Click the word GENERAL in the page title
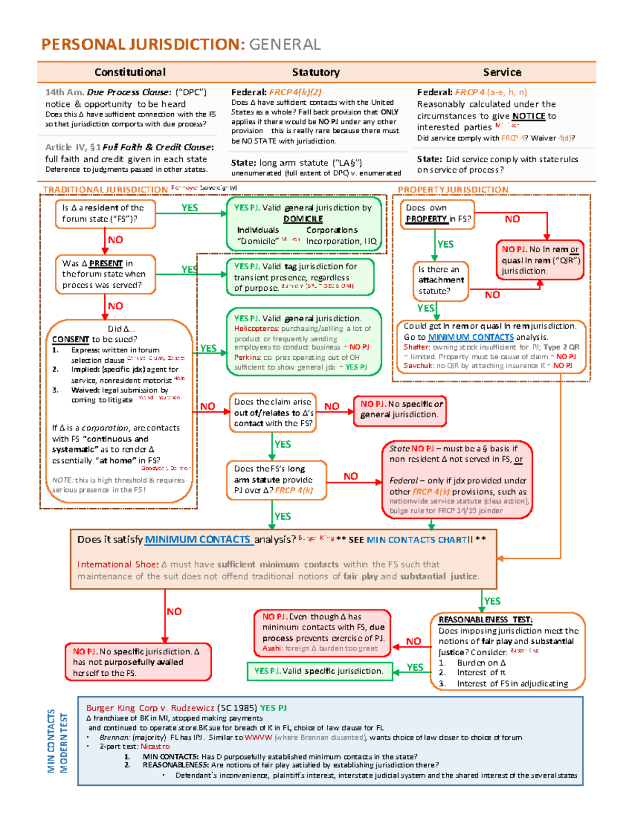tap(284, 45)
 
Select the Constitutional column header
tap(130, 72)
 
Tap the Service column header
tap(502, 72)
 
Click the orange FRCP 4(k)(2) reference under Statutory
tap(295, 92)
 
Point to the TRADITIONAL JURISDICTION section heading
tap(105, 190)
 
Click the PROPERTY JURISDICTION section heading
tap(453, 190)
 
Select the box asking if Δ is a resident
tap(105, 213)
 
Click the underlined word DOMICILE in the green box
tap(303, 219)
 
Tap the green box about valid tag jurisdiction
tap(300, 277)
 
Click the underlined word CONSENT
tap(71, 340)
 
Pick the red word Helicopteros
tap(256, 329)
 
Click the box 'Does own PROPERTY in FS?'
tap(437, 214)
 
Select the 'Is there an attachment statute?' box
tap(441, 280)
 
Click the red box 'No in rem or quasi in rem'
tap(540, 260)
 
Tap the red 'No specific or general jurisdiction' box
tap(400, 410)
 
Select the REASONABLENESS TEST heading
tap(485, 620)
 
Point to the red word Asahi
tap(272, 648)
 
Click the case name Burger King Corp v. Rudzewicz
tap(150, 708)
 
